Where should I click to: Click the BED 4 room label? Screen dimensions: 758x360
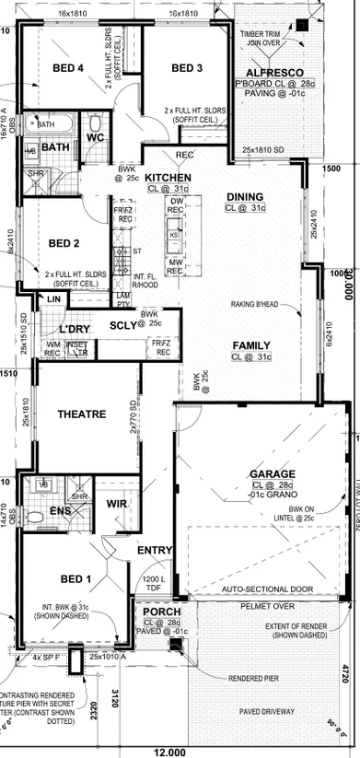click(68, 68)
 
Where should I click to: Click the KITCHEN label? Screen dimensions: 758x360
click(168, 178)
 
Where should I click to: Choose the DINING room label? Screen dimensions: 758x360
click(245, 196)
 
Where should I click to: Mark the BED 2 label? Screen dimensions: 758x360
click(64, 243)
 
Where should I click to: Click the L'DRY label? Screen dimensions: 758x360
click(74, 329)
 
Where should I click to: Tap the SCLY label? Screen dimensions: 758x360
click(122, 325)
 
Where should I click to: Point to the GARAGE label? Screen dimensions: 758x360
click(272, 473)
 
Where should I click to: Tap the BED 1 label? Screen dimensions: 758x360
click(75, 578)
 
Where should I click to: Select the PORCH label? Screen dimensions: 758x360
click(161, 612)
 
